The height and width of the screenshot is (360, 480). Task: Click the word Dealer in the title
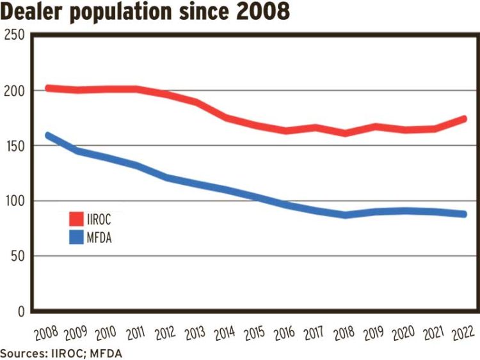pos(33,12)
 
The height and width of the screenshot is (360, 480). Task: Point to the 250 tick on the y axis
pos(14,36)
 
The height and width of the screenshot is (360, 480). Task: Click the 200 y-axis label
pos(14,91)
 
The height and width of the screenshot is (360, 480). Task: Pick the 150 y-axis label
pos(14,146)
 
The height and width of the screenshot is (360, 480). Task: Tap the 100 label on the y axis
pos(14,201)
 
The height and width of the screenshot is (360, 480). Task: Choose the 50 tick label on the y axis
pos(17,256)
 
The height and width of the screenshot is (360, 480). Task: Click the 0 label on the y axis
pos(20,311)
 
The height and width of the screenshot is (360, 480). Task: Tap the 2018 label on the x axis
pos(345,333)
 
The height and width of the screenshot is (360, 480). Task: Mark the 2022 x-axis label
pos(463,333)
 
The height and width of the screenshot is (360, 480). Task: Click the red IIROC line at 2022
pos(463,119)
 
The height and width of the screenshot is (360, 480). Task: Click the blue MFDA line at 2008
pos(48,136)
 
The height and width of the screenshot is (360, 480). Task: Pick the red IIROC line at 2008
pos(48,88)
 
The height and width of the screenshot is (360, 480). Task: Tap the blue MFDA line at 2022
pos(463,214)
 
